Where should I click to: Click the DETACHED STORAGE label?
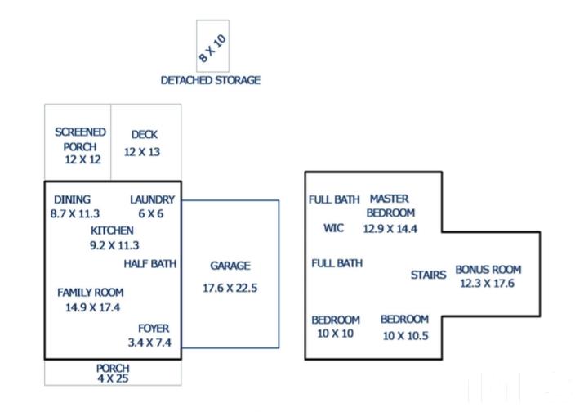point(211,80)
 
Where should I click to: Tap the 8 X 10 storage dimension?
point(212,48)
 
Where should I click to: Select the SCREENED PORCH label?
point(80,139)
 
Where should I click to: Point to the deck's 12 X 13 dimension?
point(142,152)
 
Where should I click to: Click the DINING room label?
point(72,199)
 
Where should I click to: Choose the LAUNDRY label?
point(153,199)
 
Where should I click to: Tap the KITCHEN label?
point(112,231)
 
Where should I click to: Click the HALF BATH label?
point(150,264)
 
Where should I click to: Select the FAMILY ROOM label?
point(91,293)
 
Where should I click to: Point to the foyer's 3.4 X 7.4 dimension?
point(149,343)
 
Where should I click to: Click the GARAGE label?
point(230,266)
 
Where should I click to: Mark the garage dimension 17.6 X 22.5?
point(230,288)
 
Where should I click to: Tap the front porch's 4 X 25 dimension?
point(113,378)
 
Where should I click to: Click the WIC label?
point(334,228)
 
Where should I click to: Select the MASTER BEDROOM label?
point(390,206)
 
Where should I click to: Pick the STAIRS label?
point(428,275)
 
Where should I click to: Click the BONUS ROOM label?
point(488,269)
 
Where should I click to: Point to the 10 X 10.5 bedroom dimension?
point(406,335)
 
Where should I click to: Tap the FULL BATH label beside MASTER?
point(334,199)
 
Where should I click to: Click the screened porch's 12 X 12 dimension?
point(82,159)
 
